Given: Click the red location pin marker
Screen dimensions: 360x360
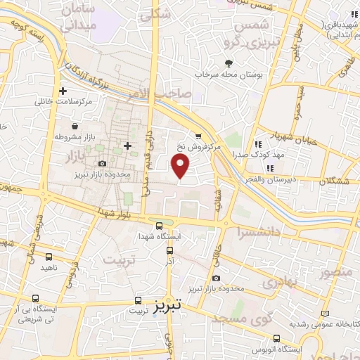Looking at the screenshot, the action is pyautogui.click(x=181, y=166).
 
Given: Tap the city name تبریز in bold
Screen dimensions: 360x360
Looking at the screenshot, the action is pyautogui.click(x=167, y=304).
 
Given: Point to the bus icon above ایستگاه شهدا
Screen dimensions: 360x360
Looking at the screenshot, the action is pyautogui.click(x=160, y=226).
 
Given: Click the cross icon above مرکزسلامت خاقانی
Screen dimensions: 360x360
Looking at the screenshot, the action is pyautogui.click(x=63, y=91).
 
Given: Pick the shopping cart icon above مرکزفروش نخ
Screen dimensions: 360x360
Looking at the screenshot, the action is pyautogui.click(x=198, y=136).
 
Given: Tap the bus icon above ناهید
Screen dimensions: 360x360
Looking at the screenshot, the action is pyautogui.click(x=49, y=257).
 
